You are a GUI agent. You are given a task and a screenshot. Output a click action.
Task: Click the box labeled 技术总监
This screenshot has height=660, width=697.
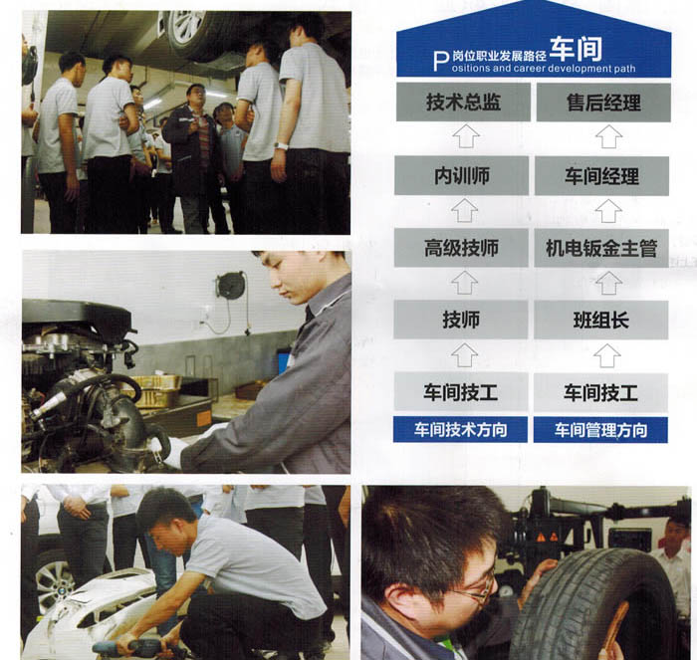463,102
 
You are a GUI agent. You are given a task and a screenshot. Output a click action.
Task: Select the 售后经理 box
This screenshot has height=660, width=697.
603,103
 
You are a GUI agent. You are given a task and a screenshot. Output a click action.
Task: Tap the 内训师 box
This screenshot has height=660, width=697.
461,175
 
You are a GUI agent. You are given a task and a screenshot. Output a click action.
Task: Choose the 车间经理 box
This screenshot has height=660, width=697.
601,176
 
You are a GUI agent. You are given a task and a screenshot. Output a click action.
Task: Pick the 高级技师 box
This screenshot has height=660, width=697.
461,248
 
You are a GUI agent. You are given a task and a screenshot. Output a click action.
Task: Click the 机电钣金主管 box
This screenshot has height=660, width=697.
601,249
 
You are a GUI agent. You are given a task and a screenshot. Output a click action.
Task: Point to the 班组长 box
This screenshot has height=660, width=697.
601,320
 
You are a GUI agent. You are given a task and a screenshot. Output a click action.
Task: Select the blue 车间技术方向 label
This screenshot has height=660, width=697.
460,430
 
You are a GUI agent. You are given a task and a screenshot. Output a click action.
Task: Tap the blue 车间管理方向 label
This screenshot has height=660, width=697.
600,430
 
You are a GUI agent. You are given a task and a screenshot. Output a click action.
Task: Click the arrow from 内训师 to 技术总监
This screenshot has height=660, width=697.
465,137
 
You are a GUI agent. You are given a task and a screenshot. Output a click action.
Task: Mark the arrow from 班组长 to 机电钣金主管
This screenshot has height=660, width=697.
608,283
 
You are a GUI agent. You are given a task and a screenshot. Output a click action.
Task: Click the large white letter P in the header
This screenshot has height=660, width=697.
440,62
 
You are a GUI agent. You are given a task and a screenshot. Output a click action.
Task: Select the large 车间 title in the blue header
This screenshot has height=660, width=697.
576,49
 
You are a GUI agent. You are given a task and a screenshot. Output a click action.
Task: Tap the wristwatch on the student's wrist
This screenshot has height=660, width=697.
281,145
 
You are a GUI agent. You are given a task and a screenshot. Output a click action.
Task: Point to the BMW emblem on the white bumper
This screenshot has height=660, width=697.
62,592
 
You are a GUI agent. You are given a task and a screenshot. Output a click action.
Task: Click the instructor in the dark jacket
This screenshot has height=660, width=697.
193,157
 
